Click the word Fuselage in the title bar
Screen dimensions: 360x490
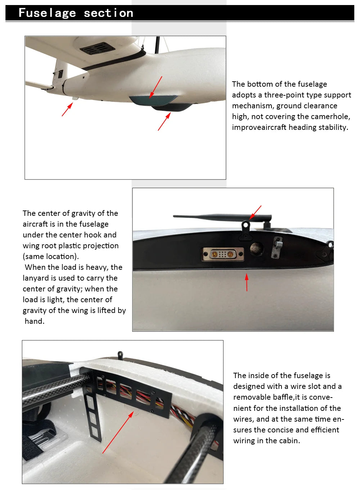pos(47,13)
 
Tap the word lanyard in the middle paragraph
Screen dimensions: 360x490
pos(36,278)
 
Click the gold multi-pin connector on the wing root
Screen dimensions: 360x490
pos(223,254)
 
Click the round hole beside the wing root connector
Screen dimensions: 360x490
pos(257,249)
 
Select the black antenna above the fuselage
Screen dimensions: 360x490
pos(222,217)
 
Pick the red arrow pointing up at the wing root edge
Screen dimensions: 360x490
pos(247,282)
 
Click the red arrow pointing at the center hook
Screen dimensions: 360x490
pos(255,212)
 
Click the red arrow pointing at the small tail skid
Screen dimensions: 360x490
pos(67,109)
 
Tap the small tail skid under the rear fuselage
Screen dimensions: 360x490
pos(75,99)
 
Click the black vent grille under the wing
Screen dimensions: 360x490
pos(98,48)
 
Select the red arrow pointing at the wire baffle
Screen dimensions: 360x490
pos(118,432)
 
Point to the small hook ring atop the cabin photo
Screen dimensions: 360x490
pos(120,355)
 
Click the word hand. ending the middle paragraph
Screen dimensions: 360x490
pos(35,321)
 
